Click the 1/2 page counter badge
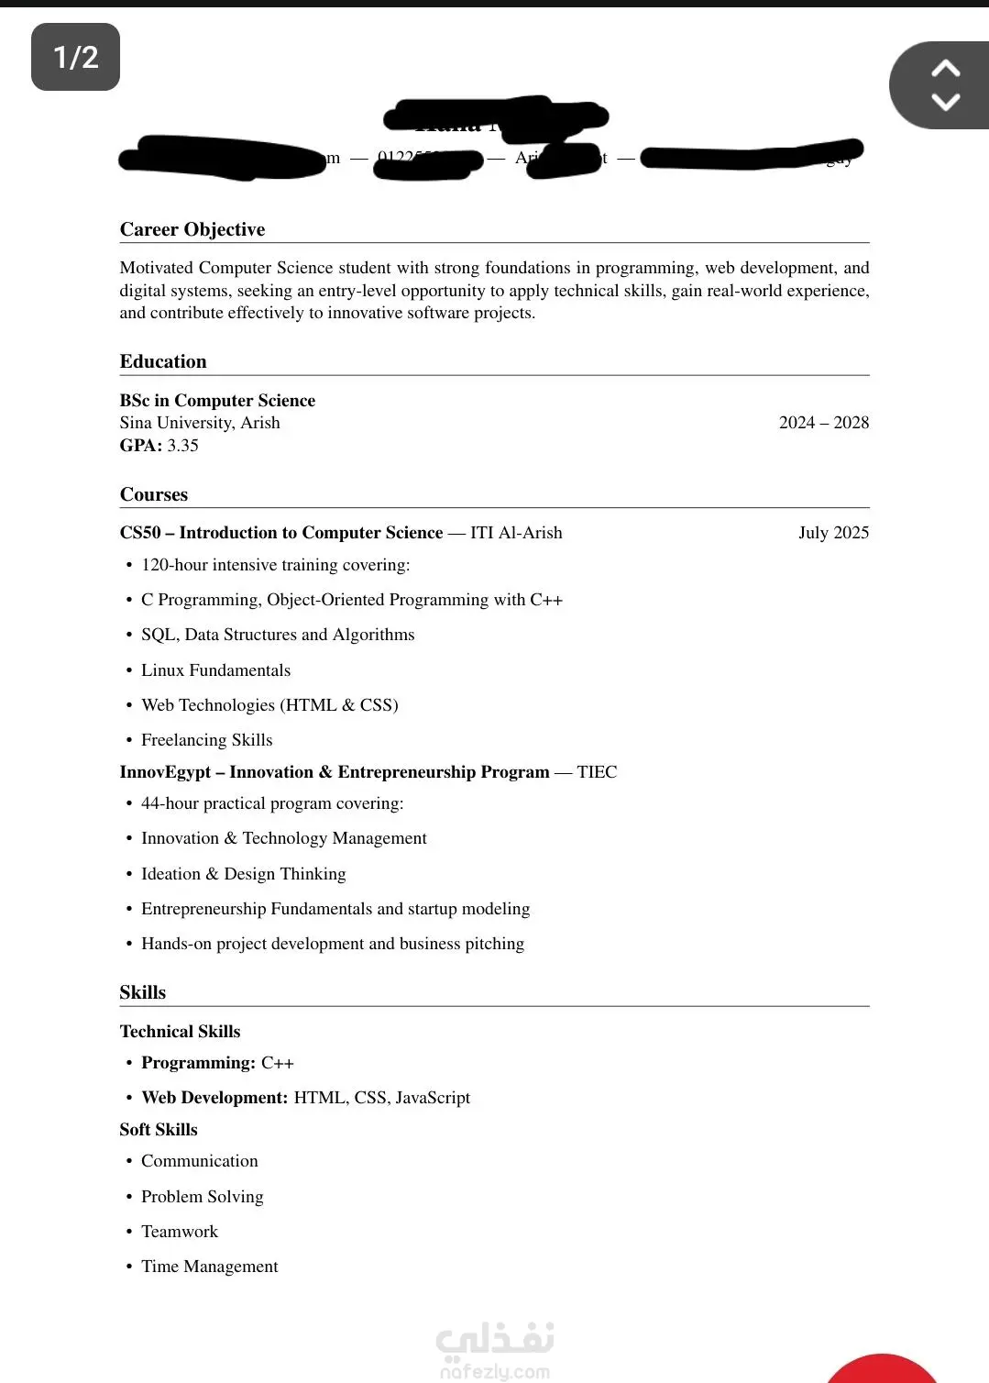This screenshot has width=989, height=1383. click(x=75, y=57)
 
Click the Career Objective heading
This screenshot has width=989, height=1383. click(x=192, y=229)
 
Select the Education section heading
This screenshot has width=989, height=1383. click(x=163, y=361)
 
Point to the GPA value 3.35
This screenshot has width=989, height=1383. click(x=182, y=446)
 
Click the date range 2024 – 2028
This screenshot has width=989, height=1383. click(x=823, y=423)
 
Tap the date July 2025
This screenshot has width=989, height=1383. click(x=833, y=533)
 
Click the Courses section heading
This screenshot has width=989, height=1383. click(x=154, y=494)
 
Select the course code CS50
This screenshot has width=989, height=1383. click(x=139, y=533)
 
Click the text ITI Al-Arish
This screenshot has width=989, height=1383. click(x=516, y=533)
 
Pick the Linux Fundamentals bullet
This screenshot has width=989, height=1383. click(x=215, y=670)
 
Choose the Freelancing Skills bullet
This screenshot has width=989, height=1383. click(x=206, y=740)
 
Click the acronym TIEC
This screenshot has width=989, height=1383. click(x=597, y=772)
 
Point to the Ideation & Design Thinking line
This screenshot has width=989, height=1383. click(x=243, y=874)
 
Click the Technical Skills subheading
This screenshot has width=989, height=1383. click(x=180, y=1032)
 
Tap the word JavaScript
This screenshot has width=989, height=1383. click(x=433, y=1098)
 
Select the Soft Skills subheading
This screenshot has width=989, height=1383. click(x=159, y=1130)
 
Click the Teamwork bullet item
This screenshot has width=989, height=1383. click(x=180, y=1232)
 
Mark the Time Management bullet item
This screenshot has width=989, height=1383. click(x=209, y=1267)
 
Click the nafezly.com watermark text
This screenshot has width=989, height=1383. click(x=495, y=1372)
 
